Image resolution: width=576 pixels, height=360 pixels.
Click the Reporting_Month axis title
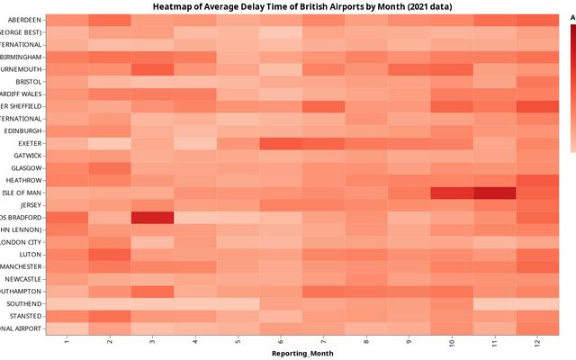[x=302, y=354]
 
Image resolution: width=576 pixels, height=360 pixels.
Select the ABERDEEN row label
[x=22, y=20]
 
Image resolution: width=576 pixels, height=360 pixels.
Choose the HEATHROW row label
[x=22, y=180]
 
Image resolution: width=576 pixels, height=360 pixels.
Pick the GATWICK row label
[x=24, y=156]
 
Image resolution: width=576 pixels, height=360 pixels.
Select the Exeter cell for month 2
[x=110, y=143]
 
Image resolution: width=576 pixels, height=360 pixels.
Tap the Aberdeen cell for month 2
[x=110, y=20]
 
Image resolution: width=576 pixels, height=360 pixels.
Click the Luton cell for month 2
[x=110, y=255]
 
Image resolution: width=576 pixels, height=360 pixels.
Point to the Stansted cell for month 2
[x=110, y=316]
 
